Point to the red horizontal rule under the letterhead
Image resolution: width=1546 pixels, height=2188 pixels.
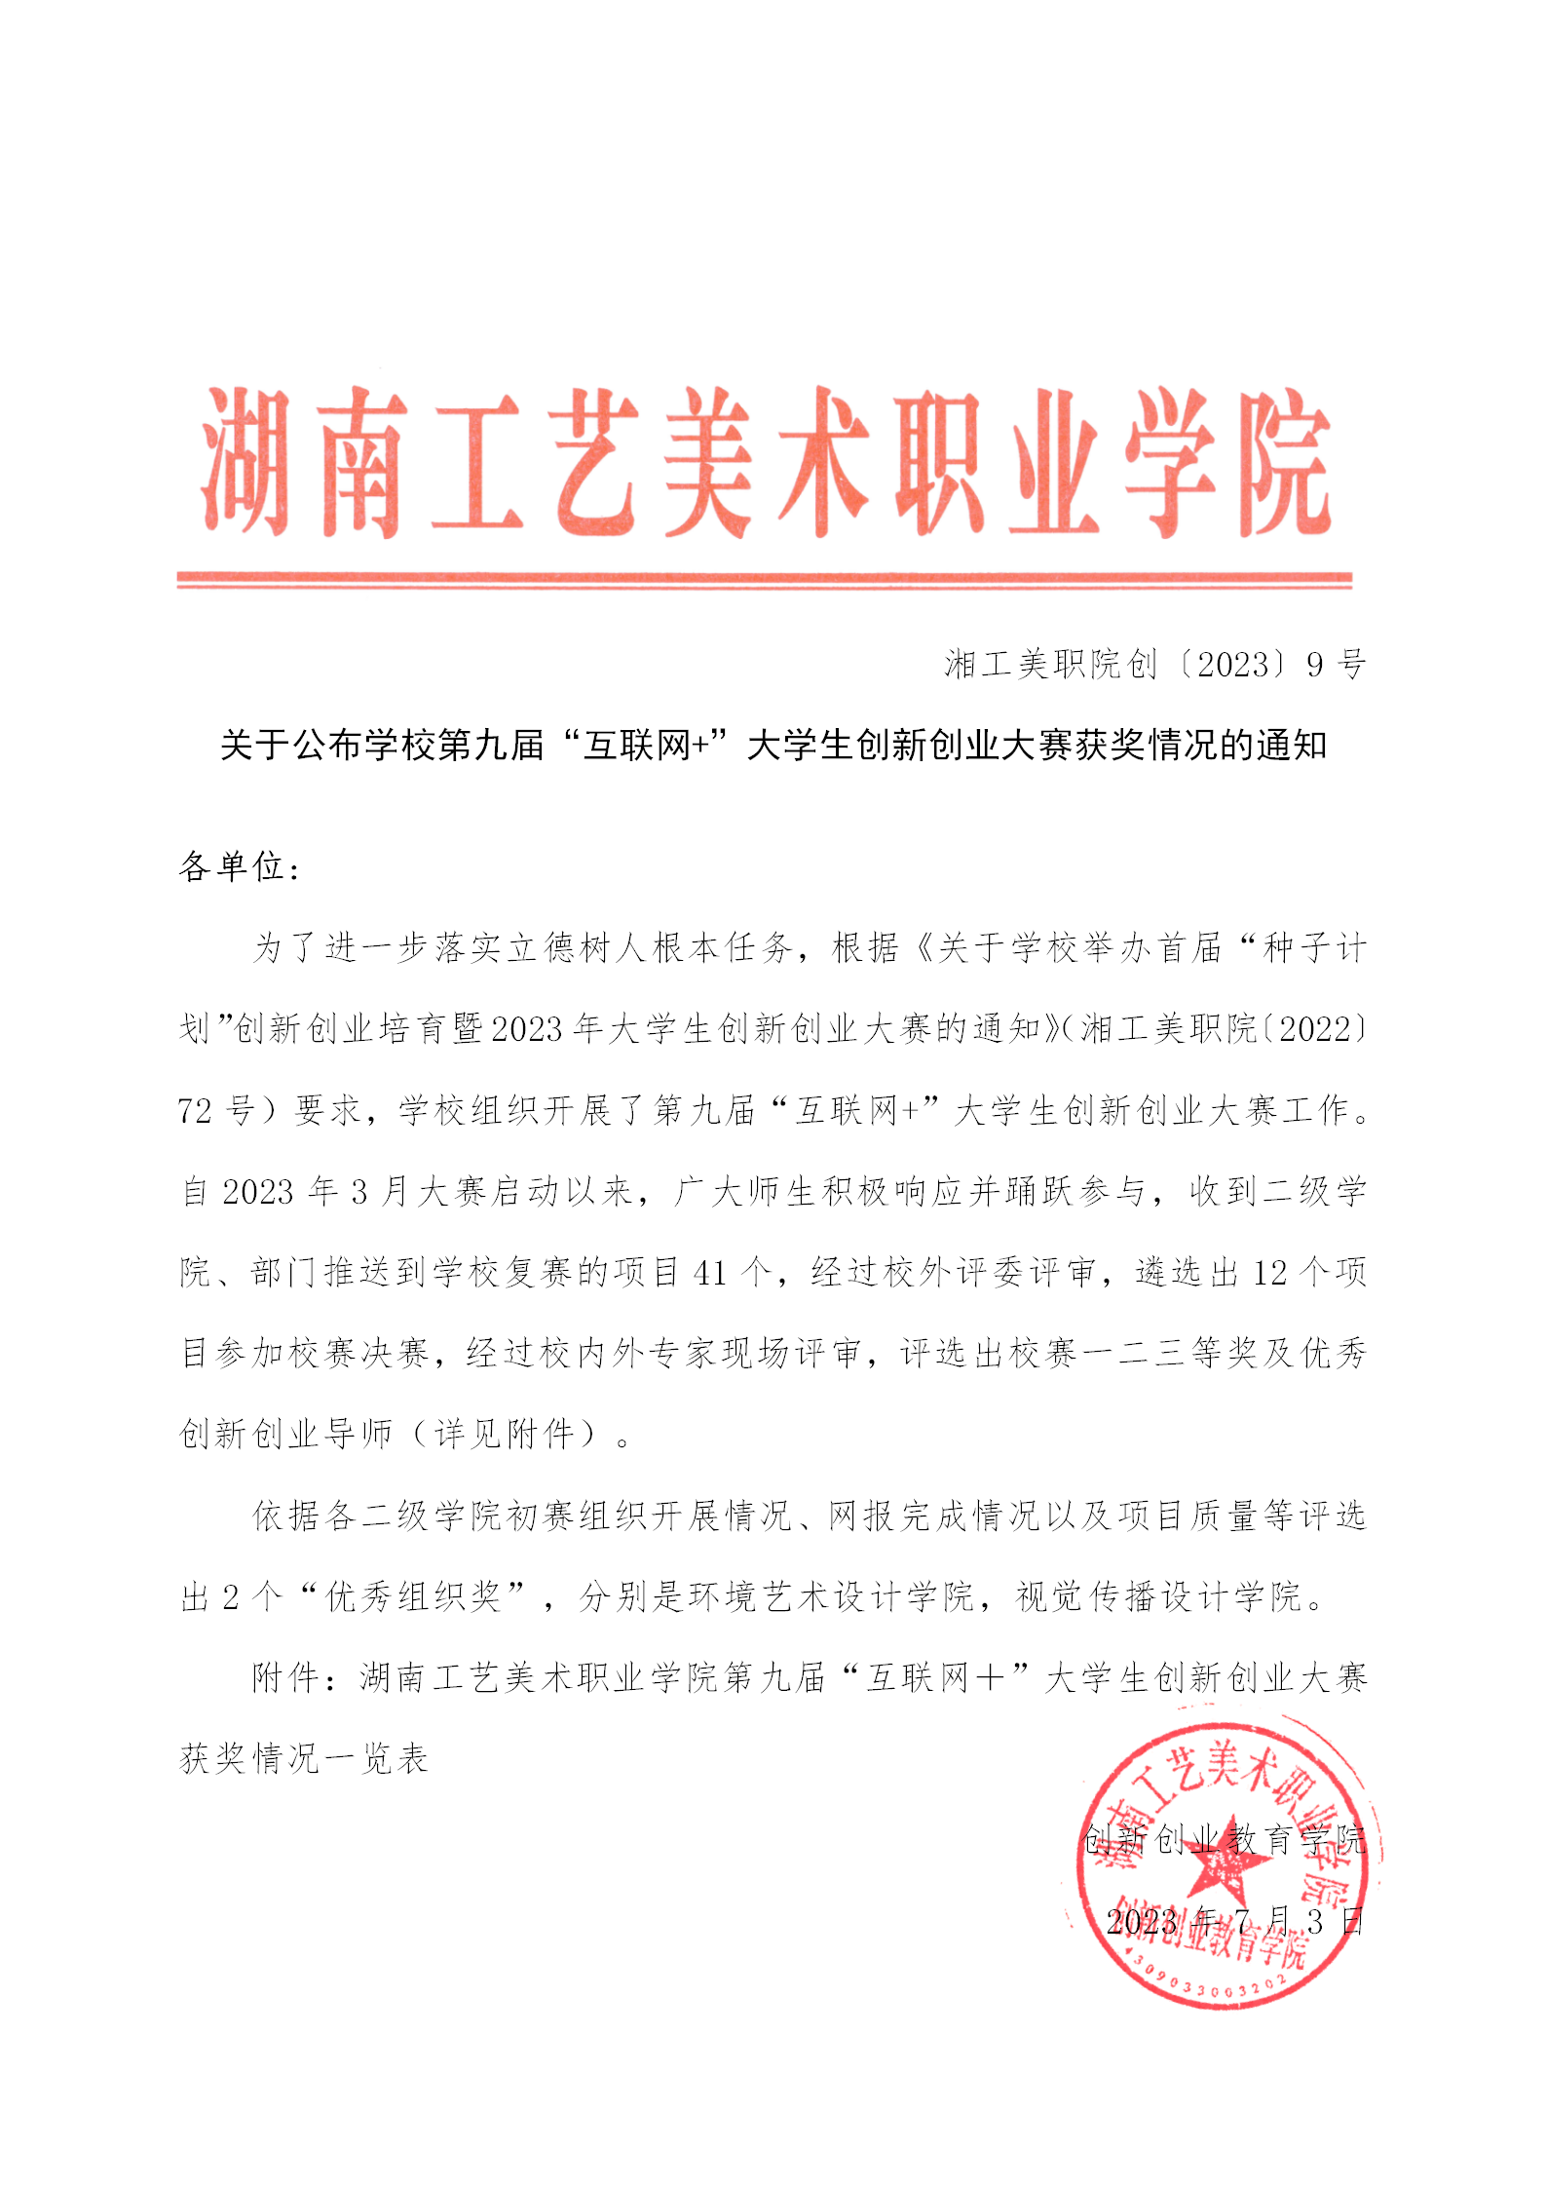pyautogui.click(x=764, y=580)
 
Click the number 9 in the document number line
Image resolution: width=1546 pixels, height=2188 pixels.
pyautogui.click(x=1315, y=665)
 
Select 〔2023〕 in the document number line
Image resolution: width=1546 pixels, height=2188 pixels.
pyautogui.click(x=1231, y=665)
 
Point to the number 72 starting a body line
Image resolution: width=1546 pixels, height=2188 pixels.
pyautogui.click(x=195, y=1110)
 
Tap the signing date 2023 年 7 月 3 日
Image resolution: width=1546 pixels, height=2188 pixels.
pyautogui.click(x=1235, y=1921)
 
